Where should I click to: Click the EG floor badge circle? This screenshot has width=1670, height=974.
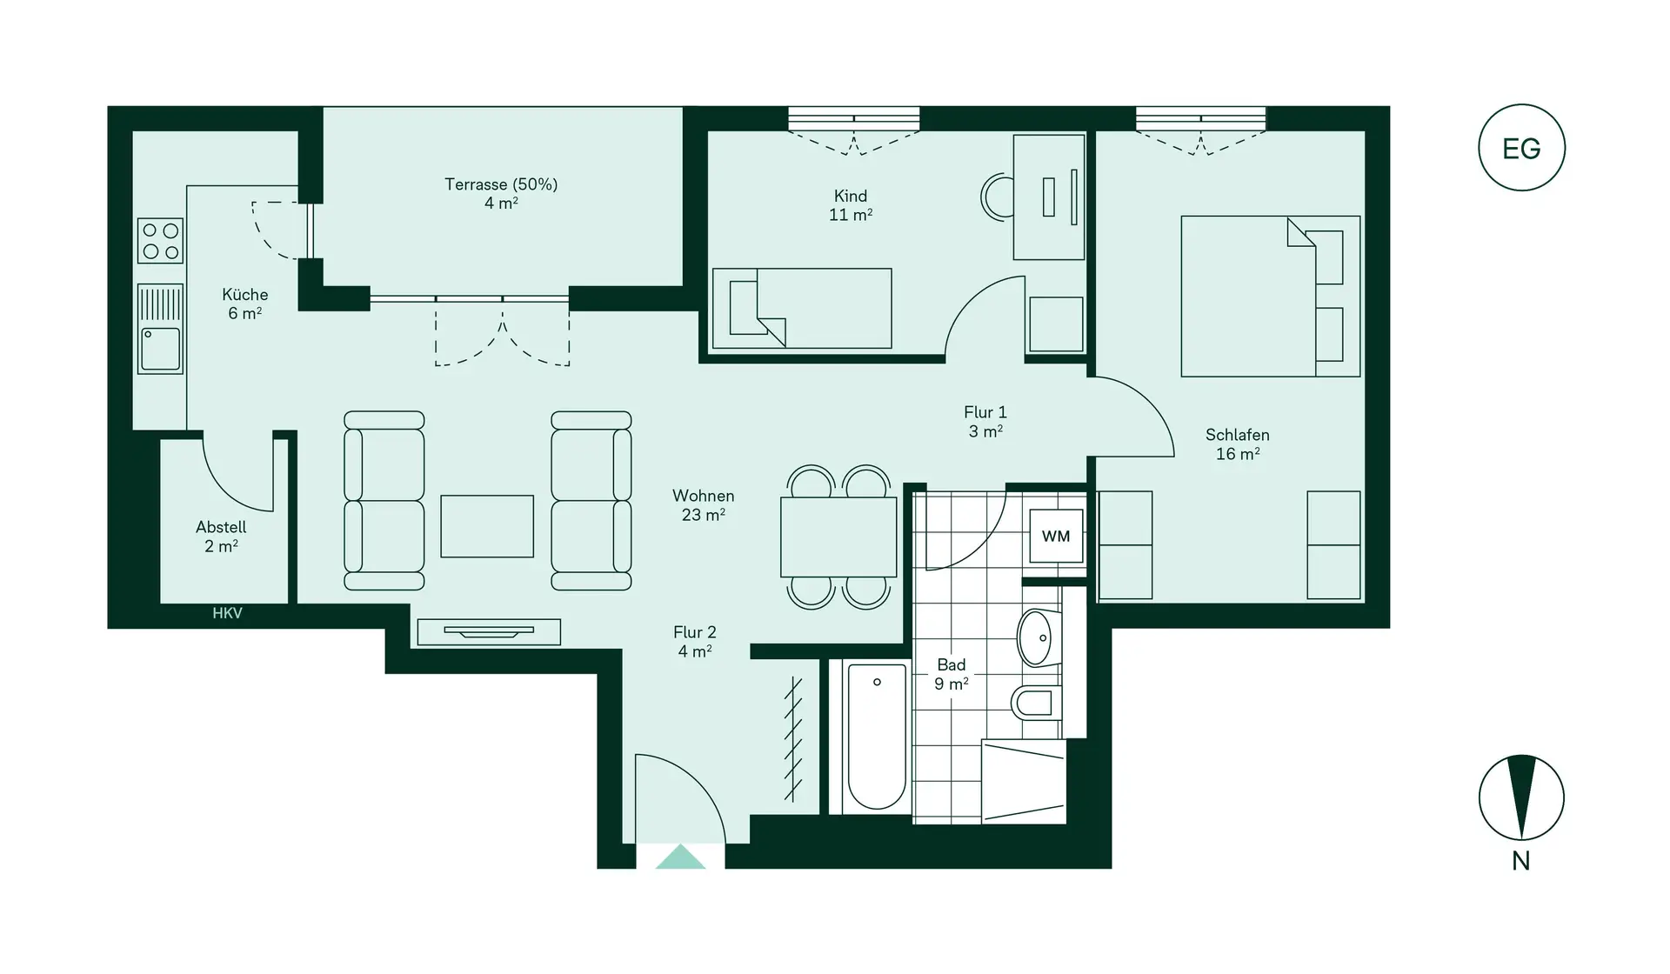tap(1521, 148)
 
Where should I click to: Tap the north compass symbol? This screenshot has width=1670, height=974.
tap(1521, 797)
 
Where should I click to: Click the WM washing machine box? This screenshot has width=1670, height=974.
tap(1056, 537)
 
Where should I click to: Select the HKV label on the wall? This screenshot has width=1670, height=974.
tap(227, 614)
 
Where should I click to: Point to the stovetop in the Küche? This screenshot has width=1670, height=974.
tap(161, 241)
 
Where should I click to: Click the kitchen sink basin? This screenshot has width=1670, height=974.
tap(161, 349)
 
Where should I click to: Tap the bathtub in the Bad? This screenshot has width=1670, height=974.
tap(876, 737)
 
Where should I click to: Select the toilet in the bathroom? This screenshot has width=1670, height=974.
tap(1035, 701)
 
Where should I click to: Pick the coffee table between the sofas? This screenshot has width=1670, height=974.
tap(487, 526)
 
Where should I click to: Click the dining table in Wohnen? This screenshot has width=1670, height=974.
tap(838, 537)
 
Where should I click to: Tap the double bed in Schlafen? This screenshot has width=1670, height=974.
tap(1270, 297)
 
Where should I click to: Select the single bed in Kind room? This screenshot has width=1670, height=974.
tap(802, 309)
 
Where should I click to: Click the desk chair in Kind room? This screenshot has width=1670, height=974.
tap(998, 197)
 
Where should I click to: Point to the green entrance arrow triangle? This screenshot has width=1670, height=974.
tap(680, 857)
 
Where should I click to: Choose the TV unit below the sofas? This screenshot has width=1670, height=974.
tap(489, 632)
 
